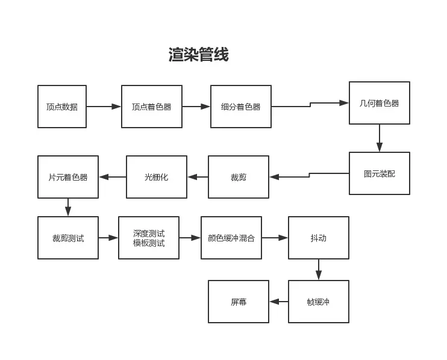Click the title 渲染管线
198,55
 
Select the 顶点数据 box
62,107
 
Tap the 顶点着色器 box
152,107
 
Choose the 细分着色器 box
241,107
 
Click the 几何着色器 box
380,103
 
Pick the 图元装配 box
380,173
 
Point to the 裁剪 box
239,177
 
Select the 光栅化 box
157,177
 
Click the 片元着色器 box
68,177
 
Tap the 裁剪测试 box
68,238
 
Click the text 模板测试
149,243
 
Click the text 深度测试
149,233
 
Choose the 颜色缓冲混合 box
231,238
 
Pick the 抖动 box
319,238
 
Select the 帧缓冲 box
319,302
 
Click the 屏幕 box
239,302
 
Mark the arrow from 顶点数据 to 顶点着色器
104,107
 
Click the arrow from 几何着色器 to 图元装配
380,138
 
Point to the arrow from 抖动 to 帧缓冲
319,269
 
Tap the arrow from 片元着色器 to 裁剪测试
68,207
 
